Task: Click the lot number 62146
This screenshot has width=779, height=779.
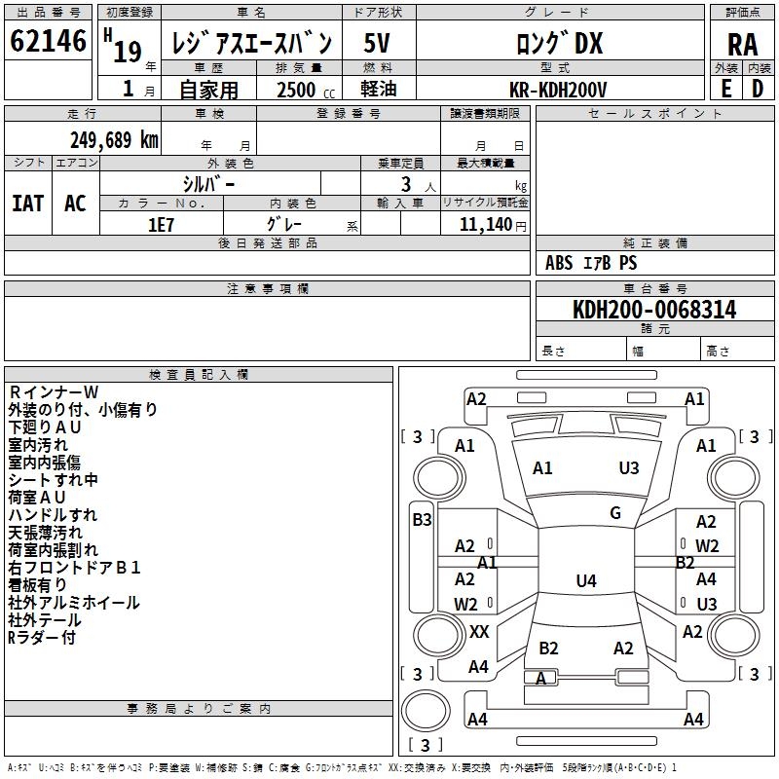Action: [x=48, y=41]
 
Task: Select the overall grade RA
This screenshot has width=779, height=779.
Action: [x=742, y=45]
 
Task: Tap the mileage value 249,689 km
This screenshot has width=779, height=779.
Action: [x=114, y=140]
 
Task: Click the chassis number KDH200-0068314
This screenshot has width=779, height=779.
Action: [x=654, y=310]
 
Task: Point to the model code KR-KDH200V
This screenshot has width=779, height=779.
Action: [x=558, y=90]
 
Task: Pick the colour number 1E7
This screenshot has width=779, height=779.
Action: [x=161, y=225]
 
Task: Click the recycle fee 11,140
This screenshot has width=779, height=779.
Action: [x=486, y=225]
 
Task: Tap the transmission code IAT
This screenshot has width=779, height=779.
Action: [x=27, y=204]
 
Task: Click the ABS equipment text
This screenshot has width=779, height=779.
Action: [x=559, y=263]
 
